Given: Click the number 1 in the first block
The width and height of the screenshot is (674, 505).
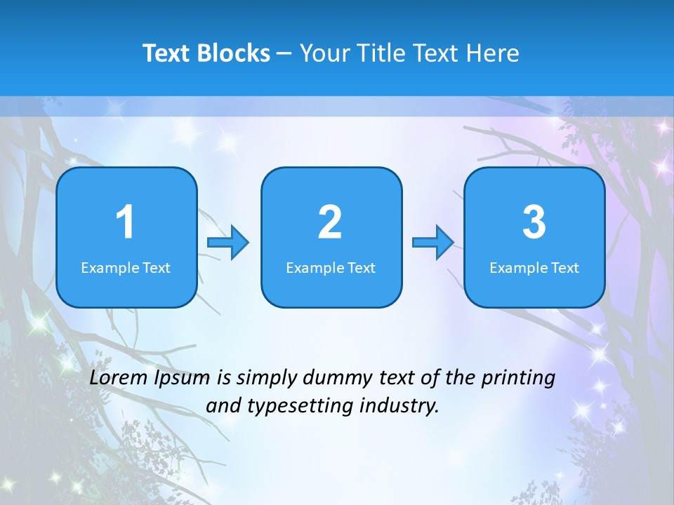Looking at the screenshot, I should [x=125, y=222].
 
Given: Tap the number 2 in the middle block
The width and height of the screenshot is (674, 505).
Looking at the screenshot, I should [x=330, y=222].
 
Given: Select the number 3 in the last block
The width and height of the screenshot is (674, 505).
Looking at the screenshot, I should [x=534, y=222].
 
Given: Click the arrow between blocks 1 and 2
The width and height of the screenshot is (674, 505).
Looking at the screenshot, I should [x=228, y=243].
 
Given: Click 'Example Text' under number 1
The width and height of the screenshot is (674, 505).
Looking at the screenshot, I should [x=126, y=268].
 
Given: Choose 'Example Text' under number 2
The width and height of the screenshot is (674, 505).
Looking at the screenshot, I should [x=331, y=268].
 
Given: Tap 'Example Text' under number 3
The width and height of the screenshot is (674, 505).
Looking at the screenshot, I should [x=534, y=268].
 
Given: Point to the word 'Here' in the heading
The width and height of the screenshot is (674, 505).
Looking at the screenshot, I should [x=492, y=53].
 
